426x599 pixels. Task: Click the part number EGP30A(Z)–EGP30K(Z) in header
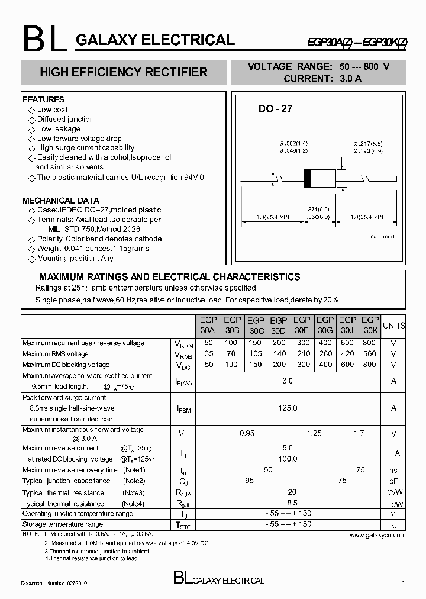pos(356,41)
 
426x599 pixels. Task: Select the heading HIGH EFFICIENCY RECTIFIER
pos(123,72)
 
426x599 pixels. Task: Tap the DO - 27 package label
pos(275,109)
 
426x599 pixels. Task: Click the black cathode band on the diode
pos(306,178)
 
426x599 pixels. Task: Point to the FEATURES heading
pos(43,99)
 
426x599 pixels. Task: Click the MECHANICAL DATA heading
pos(61,201)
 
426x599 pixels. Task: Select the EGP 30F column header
pos(302,325)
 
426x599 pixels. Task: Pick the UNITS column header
pos(394,326)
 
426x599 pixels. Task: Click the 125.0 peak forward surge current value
pos(288,408)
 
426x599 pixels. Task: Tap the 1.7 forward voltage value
pos(359,434)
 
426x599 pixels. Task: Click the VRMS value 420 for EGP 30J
pos(347,354)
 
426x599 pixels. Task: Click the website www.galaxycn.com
pos(377,535)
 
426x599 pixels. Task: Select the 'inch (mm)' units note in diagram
pos(381,236)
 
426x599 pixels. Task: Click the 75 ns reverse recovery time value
pos(360,469)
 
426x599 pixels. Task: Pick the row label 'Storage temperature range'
pos(63,524)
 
